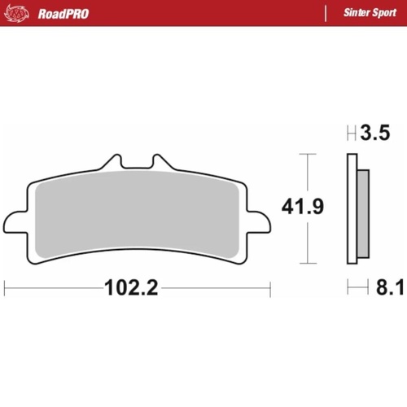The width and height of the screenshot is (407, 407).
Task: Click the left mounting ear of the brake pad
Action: click(x=15, y=221)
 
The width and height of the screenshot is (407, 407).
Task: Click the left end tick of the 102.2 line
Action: click(x=5, y=287)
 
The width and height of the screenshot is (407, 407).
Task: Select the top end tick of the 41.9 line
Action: click(x=306, y=153)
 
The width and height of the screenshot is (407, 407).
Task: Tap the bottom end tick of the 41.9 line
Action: click(x=306, y=264)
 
